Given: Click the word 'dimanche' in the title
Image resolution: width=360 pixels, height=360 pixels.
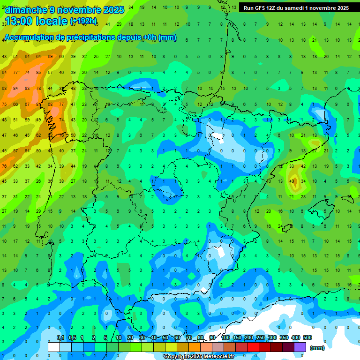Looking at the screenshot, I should point(26,10).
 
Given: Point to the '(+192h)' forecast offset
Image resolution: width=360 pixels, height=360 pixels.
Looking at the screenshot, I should point(83,21).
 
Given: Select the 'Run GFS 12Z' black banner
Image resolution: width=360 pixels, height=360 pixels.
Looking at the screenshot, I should point(296,8).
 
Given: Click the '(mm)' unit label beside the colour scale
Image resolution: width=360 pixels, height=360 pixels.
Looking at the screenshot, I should point(317,348).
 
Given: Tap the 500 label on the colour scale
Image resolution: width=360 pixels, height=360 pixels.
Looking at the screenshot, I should point(307,337).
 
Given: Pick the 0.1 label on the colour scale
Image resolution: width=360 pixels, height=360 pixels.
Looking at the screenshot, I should point(60,337).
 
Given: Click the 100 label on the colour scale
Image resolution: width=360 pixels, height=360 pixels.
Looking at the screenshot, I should point(225,337).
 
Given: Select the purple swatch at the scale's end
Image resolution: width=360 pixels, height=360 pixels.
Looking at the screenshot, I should point(300,347).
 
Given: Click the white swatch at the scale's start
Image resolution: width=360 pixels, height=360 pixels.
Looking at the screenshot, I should point(54,347).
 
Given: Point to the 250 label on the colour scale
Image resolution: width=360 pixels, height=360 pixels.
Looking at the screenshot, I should point(261,337).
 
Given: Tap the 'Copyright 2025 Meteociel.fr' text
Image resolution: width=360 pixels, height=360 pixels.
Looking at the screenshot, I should point(199,357).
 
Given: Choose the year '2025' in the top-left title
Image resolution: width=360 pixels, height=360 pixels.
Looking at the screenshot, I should point(113,10).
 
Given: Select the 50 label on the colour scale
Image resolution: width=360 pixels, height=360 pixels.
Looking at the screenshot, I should point(165,337).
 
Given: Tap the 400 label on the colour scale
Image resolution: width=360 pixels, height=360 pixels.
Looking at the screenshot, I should point(296,337).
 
